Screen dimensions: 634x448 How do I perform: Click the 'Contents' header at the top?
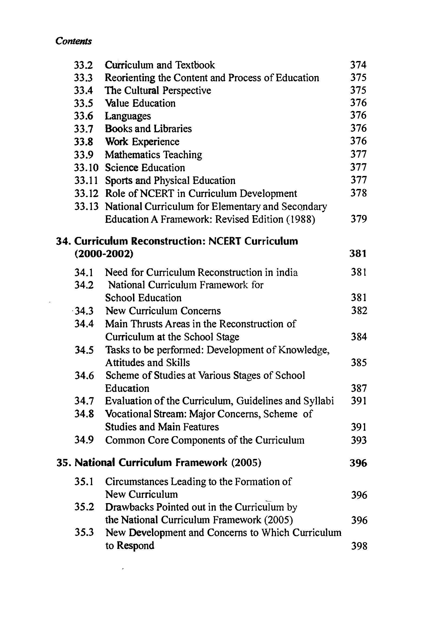point(73,41)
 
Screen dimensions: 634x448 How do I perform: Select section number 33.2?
point(83,65)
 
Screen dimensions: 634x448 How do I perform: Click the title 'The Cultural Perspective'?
point(158,91)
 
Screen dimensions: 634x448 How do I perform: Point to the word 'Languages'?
point(128,116)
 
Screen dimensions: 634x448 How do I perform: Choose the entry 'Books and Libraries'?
point(148,129)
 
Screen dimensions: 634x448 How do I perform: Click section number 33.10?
point(86,168)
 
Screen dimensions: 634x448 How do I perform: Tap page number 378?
point(358,193)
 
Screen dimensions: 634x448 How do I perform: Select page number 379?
point(359,219)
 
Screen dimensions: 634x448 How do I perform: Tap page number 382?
point(359,311)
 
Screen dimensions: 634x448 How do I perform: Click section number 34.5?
point(84,350)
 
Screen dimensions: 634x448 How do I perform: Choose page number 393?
point(359,440)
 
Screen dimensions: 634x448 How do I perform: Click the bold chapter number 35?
point(64,462)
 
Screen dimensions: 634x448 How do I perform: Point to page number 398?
point(359,546)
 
